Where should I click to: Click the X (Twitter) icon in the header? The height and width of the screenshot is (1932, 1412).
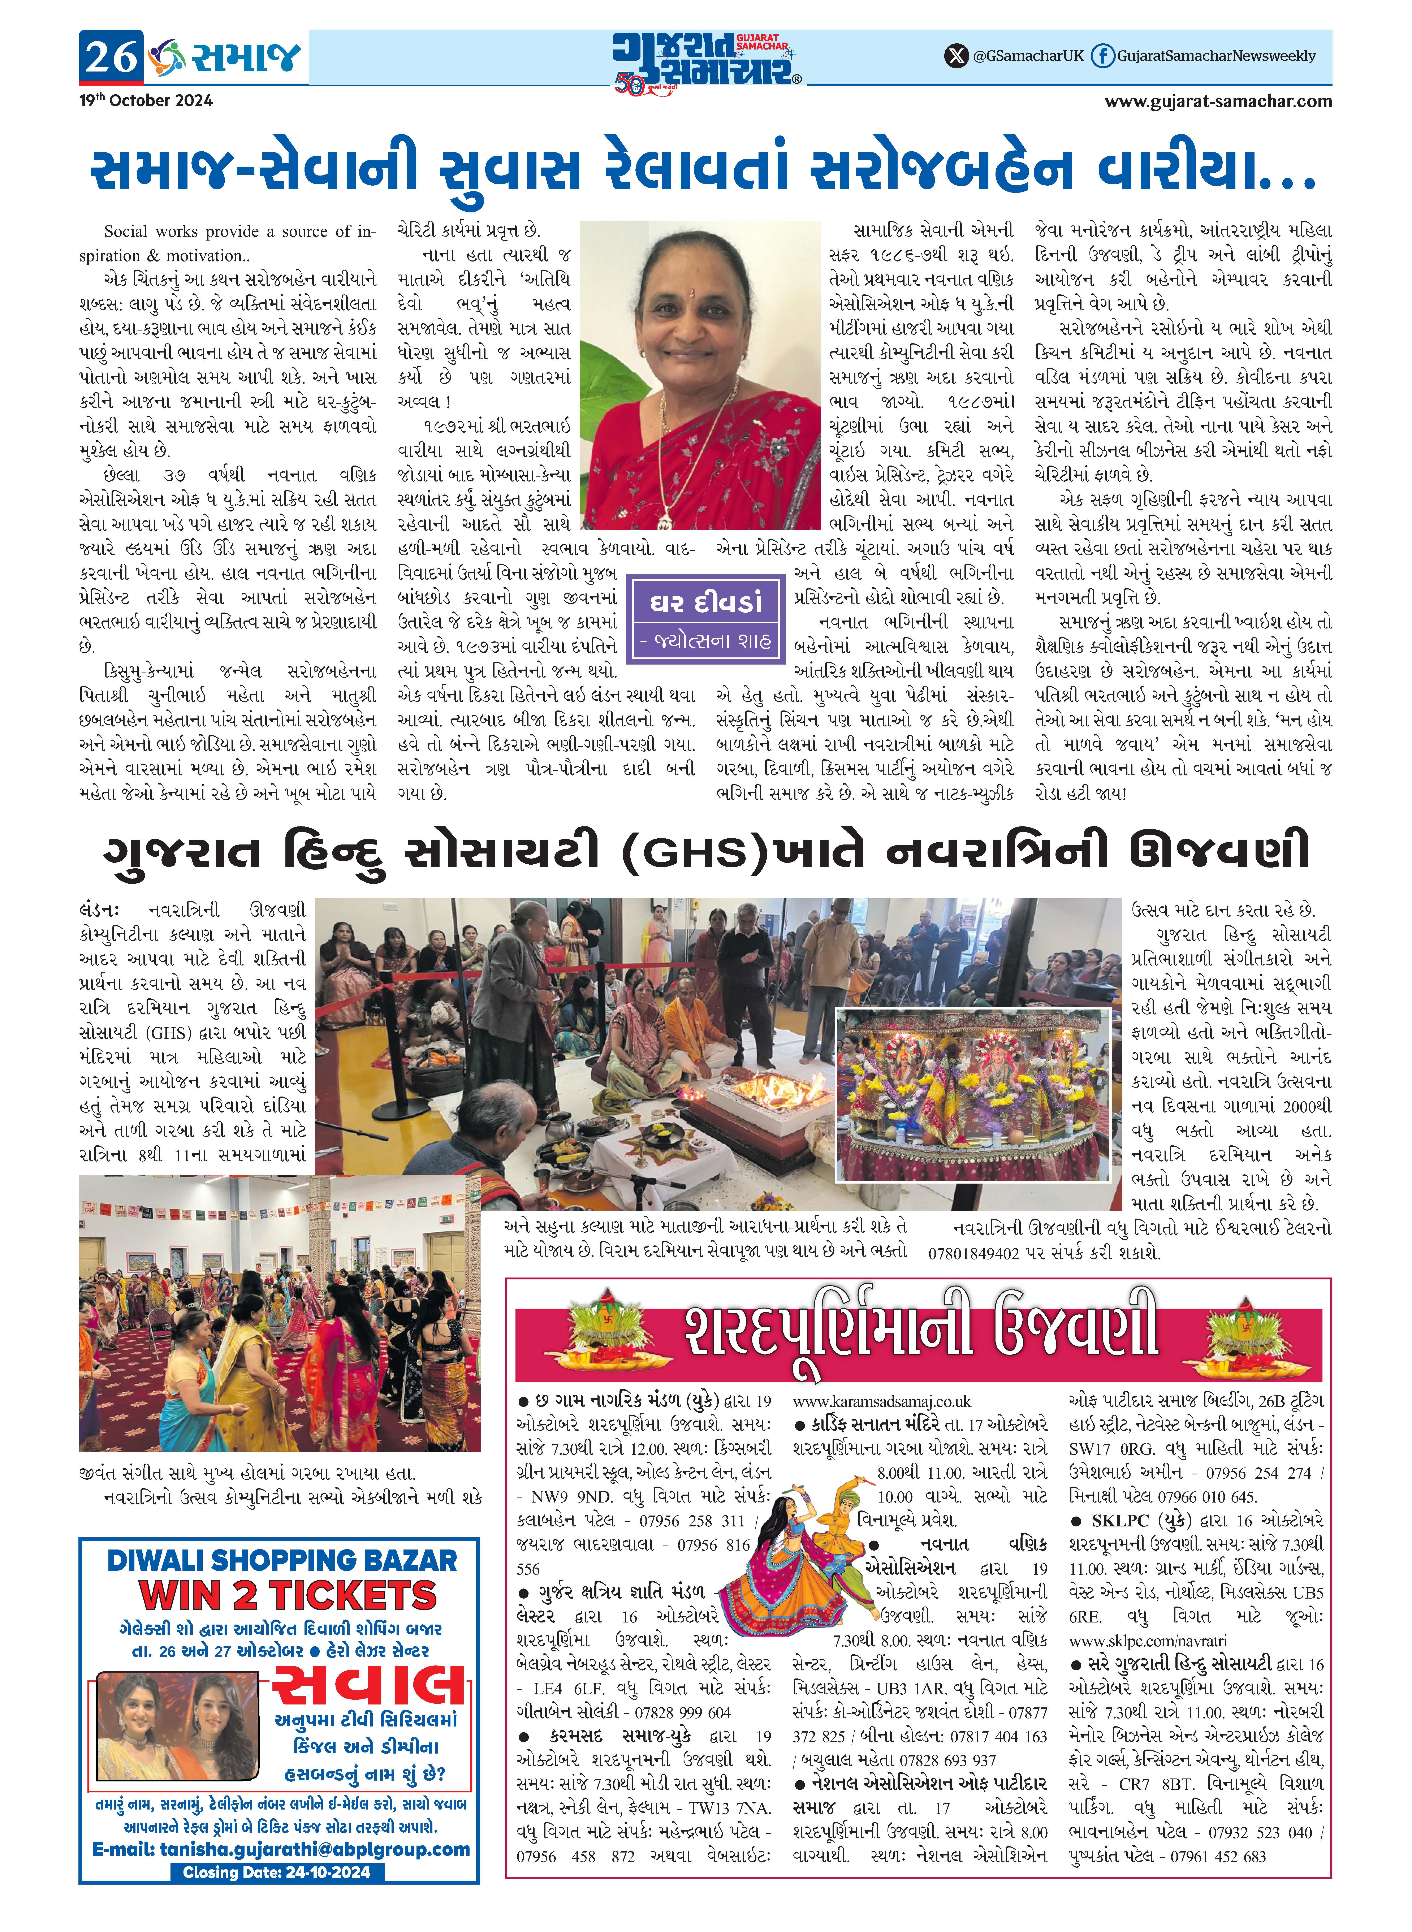(x=956, y=56)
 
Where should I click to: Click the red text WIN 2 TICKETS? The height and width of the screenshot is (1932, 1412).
(x=287, y=1594)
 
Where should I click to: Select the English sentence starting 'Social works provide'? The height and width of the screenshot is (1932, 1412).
(x=239, y=243)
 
